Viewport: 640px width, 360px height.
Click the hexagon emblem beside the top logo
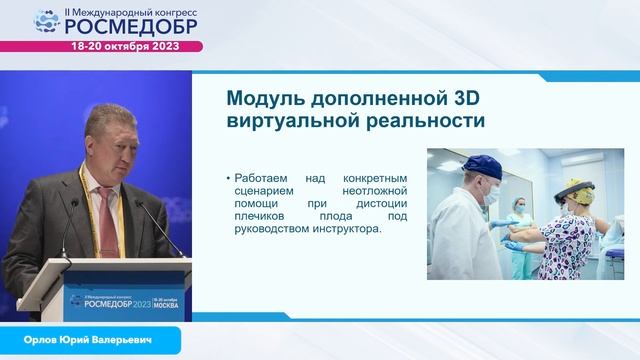(x=48, y=21)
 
